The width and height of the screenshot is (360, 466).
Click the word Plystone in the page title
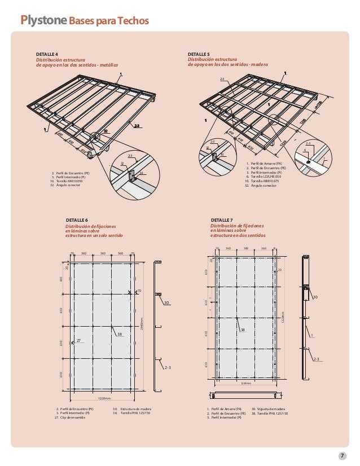(x=44, y=21)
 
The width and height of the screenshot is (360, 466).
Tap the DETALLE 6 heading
(x=77, y=219)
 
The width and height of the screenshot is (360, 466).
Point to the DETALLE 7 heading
(x=221, y=219)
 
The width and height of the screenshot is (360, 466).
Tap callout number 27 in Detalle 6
(x=79, y=340)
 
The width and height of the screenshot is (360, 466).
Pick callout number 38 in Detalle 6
(x=119, y=335)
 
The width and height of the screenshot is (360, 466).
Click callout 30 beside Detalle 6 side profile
(x=166, y=303)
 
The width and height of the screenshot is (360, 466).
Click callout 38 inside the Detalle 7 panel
(x=242, y=329)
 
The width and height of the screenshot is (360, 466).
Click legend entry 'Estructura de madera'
(x=136, y=408)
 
